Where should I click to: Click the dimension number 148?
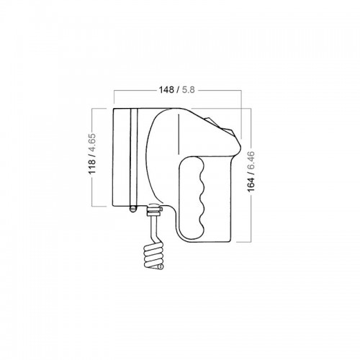(166, 90)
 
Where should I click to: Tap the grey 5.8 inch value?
(189, 90)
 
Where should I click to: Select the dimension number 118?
(92, 166)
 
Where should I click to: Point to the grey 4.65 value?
(92, 142)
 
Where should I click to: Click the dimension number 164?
(251, 184)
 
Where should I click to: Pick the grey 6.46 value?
(251, 160)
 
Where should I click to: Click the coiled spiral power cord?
(153, 256)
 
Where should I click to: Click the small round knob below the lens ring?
(132, 209)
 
